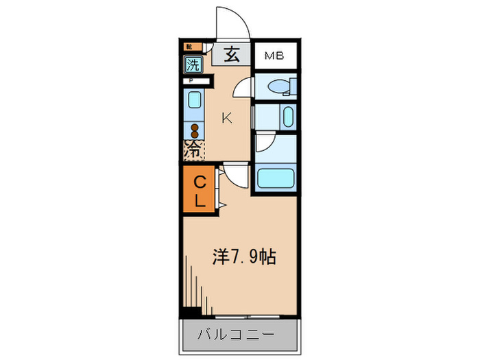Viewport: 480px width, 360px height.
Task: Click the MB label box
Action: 276,55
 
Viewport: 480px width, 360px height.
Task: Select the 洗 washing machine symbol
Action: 193,65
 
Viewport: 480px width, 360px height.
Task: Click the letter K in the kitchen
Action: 226,117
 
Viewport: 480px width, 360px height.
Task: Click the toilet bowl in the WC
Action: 280,86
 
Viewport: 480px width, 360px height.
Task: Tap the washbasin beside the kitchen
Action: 287,116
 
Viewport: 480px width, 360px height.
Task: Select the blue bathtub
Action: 275,180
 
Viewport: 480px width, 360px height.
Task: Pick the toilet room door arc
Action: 243,87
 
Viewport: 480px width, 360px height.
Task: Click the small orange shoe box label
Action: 189,47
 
